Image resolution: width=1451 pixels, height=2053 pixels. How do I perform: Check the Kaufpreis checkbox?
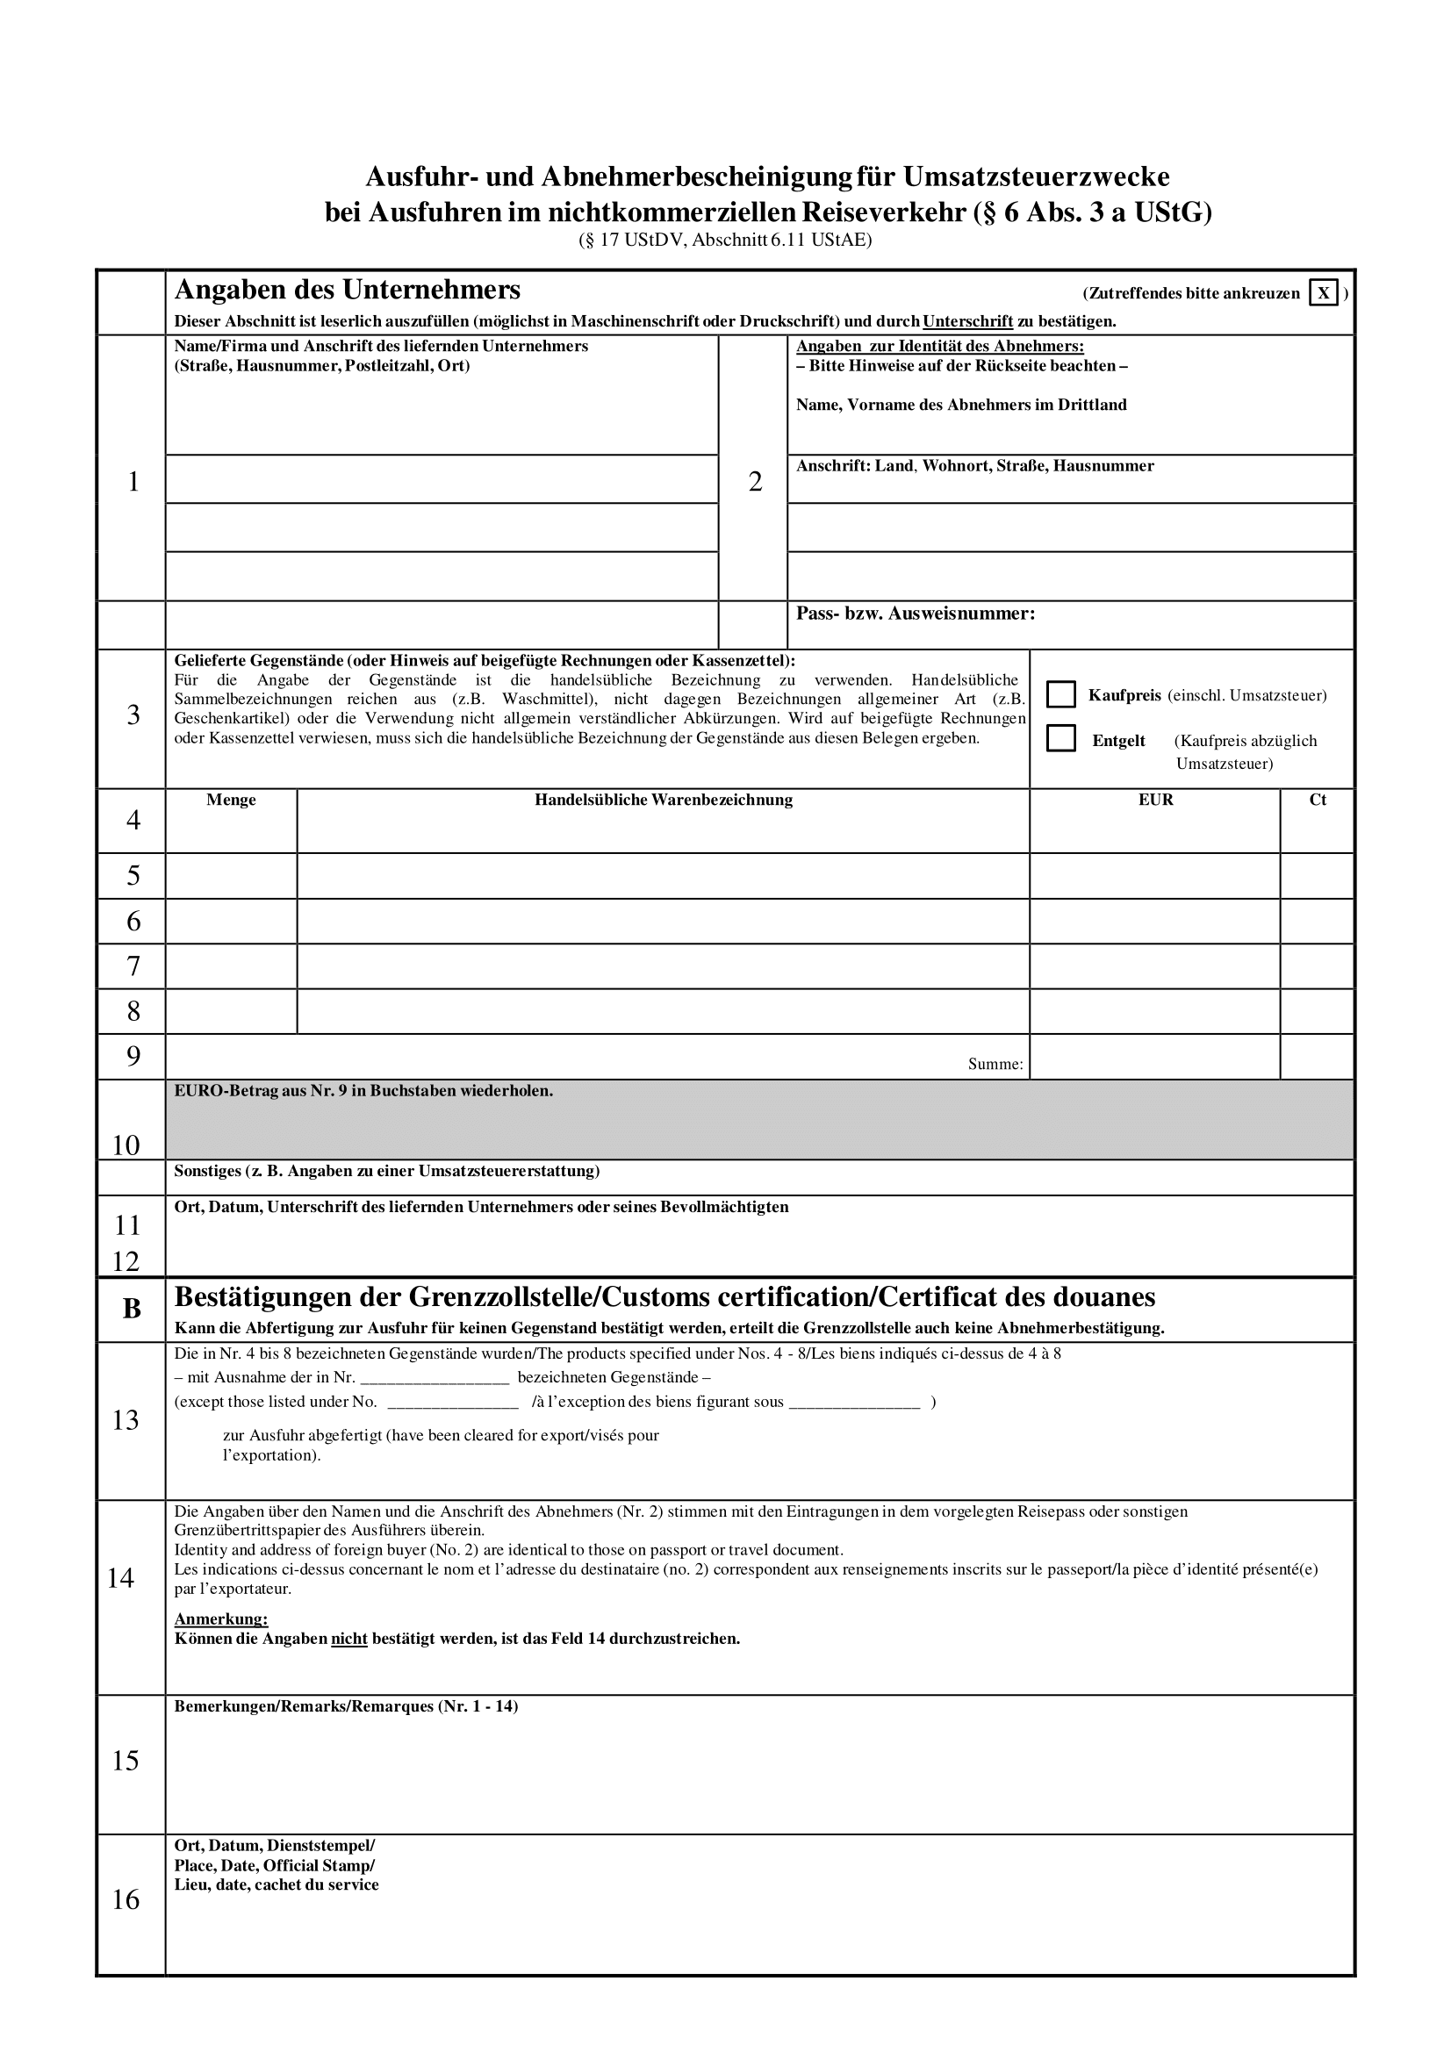(1060, 694)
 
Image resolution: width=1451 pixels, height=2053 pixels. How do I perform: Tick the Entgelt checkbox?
(1060, 738)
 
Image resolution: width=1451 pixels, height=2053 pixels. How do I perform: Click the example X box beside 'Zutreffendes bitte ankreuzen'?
(1323, 292)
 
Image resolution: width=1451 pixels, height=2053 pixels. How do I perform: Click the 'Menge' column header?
(231, 800)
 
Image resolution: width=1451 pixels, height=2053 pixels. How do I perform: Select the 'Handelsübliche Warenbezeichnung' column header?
(664, 800)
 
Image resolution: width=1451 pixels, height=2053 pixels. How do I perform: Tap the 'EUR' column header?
(1155, 800)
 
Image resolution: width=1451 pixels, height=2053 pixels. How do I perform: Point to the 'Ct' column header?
(1317, 800)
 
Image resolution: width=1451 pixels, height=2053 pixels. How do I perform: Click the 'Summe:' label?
(995, 1064)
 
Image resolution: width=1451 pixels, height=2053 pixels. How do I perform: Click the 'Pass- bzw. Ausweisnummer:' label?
(916, 614)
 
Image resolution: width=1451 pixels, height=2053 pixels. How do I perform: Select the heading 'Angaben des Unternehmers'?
(347, 290)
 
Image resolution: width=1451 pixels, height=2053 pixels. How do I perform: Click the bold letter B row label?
(132, 1309)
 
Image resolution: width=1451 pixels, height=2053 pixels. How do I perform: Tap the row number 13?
(126, 1420)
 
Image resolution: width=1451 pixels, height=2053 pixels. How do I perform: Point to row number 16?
(126, 1899)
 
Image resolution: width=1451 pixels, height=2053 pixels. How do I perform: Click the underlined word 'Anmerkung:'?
(221, 1619)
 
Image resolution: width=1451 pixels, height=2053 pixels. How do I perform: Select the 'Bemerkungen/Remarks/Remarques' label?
(346, 1706)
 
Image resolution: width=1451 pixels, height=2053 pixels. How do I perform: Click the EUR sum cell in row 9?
(1154, 1057)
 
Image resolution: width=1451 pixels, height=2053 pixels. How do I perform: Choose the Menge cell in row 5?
(231, 876)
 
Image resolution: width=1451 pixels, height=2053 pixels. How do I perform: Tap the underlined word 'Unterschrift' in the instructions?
(967, 321)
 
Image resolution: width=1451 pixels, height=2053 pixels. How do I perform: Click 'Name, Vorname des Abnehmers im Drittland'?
(961, 404)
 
